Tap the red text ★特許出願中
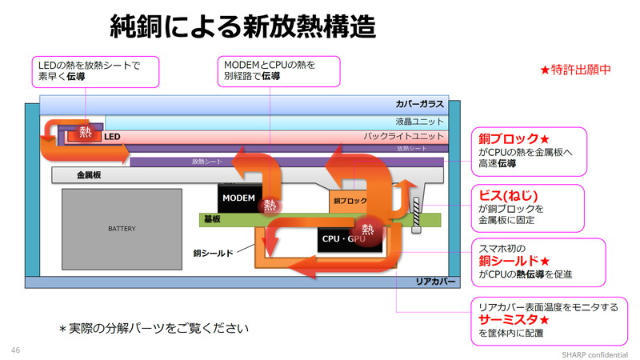575,70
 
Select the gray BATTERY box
122,229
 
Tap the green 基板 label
212,219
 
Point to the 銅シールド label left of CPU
213,253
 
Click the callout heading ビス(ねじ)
508,196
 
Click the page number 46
15,350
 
